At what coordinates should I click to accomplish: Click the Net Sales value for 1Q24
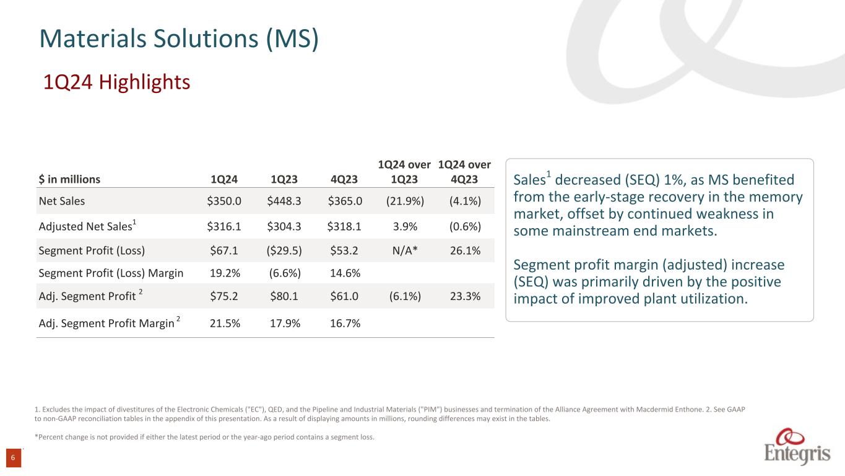(x=223, y=201)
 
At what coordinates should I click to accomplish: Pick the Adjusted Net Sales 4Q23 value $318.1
(x=344, y=226)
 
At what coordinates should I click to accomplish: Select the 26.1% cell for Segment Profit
(x=465, y=250)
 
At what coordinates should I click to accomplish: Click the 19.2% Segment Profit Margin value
(x=223, y=273)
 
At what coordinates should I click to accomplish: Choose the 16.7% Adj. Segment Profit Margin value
(x=344, y=323)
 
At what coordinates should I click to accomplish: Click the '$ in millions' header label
(x=69, y=179)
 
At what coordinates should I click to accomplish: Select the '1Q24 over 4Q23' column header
(x=465, y=172)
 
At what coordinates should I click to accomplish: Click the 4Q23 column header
(x=344, y=179)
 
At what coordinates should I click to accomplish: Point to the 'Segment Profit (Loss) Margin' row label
(x=111, y=273)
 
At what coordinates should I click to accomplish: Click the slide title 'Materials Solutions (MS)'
(x=179, y=38)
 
